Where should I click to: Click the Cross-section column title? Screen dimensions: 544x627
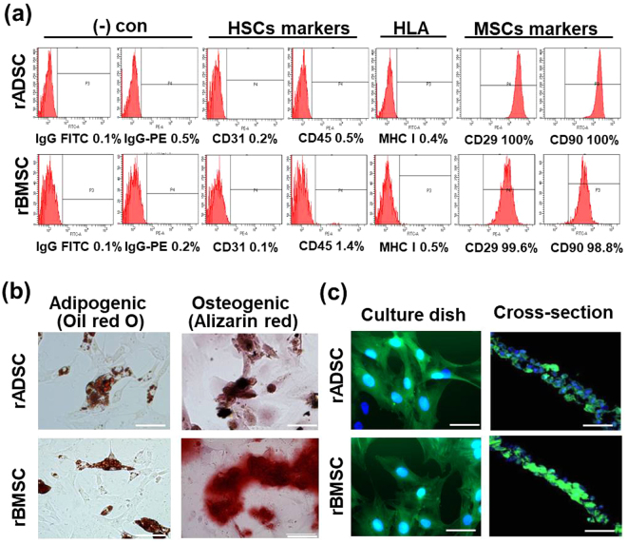[x=555, y=313]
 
